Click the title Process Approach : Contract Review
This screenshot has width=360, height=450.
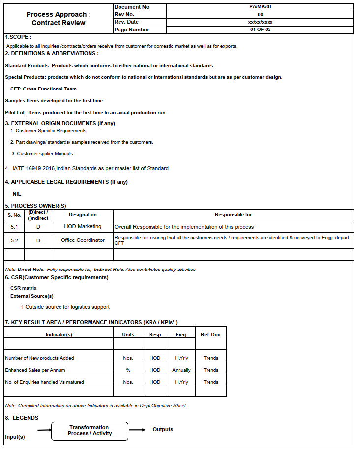59,19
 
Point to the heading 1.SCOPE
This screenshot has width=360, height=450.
18,37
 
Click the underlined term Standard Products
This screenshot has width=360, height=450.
27,65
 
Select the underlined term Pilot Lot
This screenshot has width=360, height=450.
15,113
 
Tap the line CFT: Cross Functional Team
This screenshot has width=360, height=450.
43,89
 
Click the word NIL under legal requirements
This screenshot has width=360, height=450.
17,194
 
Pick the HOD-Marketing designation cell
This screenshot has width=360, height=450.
83,227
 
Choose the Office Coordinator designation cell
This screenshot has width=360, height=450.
83,240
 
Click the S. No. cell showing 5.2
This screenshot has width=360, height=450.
14,240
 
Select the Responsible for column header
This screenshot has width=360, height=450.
233,215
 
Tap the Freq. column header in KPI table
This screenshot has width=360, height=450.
181,335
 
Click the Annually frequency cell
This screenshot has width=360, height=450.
181,370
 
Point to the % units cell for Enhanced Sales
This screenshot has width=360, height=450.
128,370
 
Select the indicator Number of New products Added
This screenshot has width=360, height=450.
39,358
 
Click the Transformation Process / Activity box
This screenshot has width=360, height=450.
90,431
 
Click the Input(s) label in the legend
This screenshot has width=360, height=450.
15,437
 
